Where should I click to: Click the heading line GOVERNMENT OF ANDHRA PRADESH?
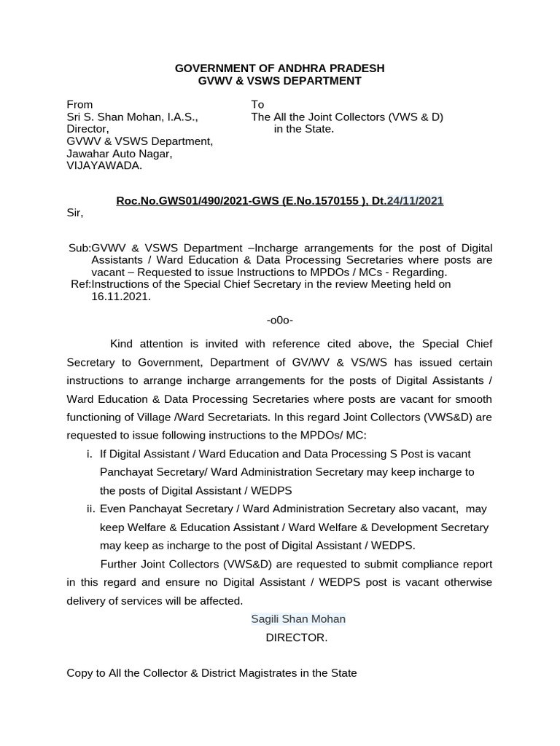pyautogui.click(x=279, y=68)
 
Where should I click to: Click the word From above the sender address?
pyautogui.click(x=79, y=104)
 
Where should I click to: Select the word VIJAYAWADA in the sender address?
pyautogui.click(x=105, y=165)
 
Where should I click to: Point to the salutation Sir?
pyautogui.click(x=75, y=213)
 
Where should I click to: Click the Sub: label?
pyautogui.click(x=79, y=248)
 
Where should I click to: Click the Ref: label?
pyautogui.click(x=80, y=284)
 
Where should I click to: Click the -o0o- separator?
pyautogui.click(x=280, y=320)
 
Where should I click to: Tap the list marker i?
pyautogui.click(x=89, y=454)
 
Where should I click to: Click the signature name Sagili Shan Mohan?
pyautogui.click(x=298, y=619)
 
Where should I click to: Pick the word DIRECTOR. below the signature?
pyautogui.click(x=297, y=637)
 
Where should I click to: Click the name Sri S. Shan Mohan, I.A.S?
pyautogui.click(x=131, y=117)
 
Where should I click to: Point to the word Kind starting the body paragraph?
pyautogui.click(x=122, y=343)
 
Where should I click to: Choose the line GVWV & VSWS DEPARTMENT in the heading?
pyautogui.click(x=280, y=81)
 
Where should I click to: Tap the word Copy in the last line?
pyautogui.click(x=79, y=673)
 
